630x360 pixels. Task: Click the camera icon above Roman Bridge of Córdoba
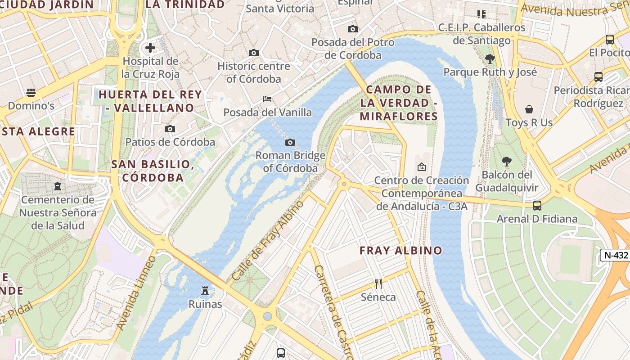[290, 143]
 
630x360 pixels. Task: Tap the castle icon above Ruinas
[205, 291]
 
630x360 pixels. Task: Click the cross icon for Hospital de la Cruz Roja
[150, 47]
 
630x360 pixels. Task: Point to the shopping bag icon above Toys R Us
[529, 109]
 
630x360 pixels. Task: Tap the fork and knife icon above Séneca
[378, 283]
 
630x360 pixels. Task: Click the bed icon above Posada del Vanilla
[267, 99]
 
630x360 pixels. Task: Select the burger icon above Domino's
[31, 93]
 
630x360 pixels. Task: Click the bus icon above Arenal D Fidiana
[537, 206]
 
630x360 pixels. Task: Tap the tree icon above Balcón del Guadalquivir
[507, 162]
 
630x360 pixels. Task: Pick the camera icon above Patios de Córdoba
[170, 129]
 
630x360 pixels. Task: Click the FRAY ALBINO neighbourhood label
[401, 251]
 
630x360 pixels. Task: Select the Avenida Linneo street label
[136, 292]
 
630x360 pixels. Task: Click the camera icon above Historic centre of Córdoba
[254, 53]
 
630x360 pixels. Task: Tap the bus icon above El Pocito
[610, 40]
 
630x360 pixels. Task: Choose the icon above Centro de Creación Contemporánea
[422, 167]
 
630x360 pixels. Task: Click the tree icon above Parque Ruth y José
[490, 58]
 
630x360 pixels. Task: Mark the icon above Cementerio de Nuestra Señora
[58, 186]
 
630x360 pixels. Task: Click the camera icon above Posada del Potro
[353, 29]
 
